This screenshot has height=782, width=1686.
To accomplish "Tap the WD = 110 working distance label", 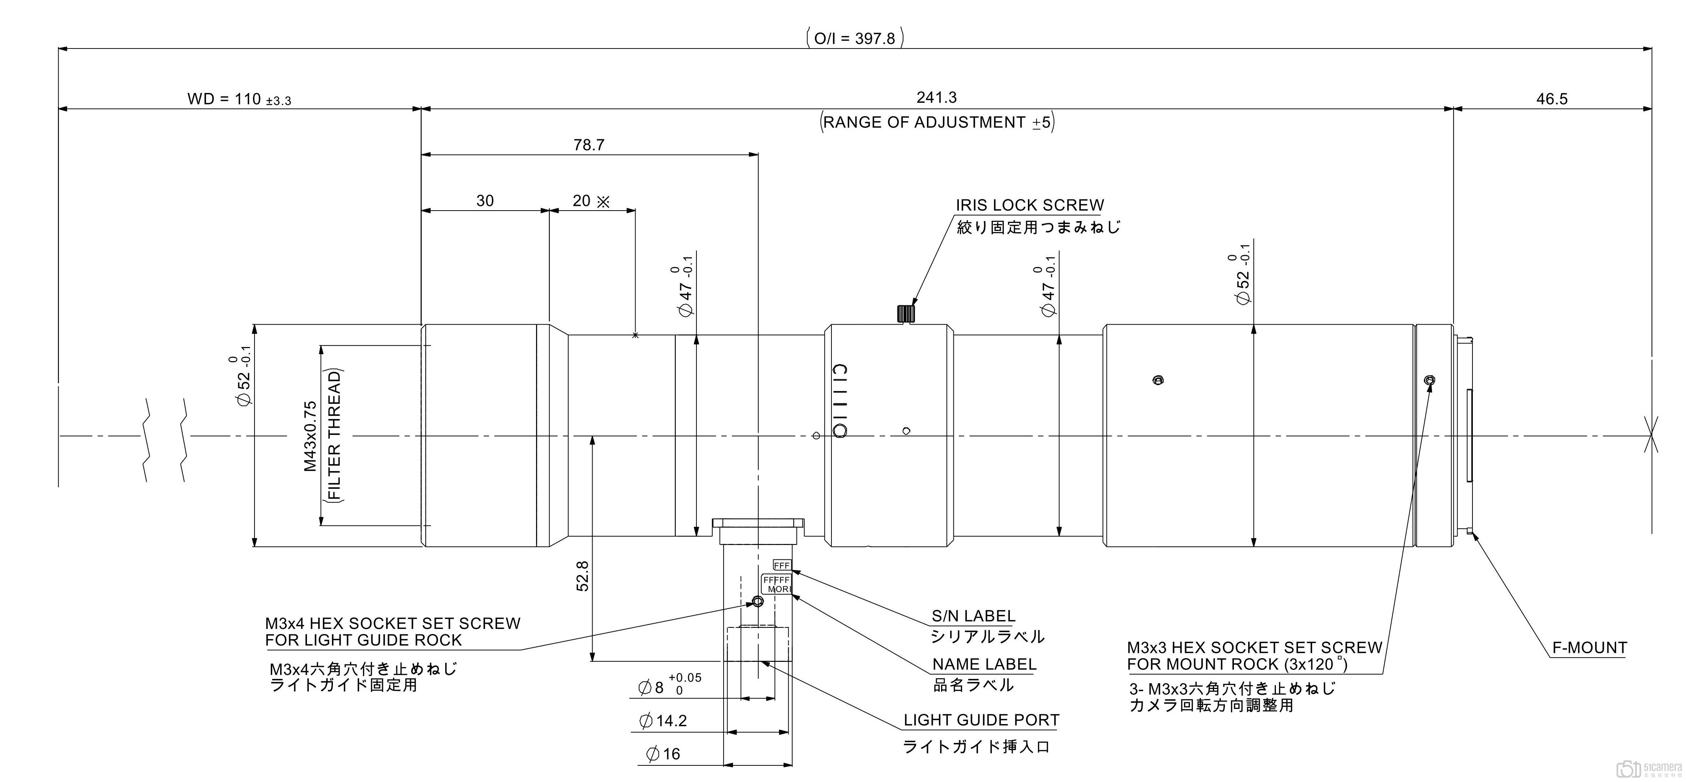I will pyautogui.click(x=239, y=100).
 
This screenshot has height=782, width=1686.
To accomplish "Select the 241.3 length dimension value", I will pyautogui.click(x=937, y=97).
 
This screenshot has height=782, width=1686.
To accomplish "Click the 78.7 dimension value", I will pyautogui.click(x=589, y=145).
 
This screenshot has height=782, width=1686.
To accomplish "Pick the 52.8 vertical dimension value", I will pyautogui.click(x=582, y=576).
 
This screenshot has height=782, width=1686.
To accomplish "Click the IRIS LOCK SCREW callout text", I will pyautogui.click(x=1029, y=206).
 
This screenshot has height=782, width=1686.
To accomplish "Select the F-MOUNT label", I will pyautogui.click(x=1589, y=648).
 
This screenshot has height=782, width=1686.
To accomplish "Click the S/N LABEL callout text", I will pyautogui.click(x=973, y=616).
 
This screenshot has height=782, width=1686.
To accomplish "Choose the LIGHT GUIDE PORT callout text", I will pyautogui.click(x=981, y=720).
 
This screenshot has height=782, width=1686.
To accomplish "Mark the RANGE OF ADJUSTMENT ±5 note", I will pyautogui.click(x=937, y=122).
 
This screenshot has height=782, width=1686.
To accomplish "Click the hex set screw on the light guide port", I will pyautogui.click(x=758, y=601).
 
